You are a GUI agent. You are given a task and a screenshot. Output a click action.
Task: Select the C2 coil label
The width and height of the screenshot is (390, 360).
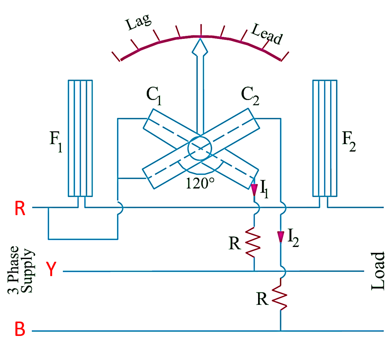(250, 96)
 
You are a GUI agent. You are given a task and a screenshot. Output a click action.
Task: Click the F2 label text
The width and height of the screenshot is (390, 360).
(348, 142)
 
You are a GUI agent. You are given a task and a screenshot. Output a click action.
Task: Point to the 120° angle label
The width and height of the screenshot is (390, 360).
(199, 184)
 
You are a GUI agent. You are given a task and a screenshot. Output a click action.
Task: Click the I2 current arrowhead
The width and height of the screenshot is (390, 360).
(280, 237)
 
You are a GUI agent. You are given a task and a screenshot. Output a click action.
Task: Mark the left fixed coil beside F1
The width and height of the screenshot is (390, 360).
(80, 138)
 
